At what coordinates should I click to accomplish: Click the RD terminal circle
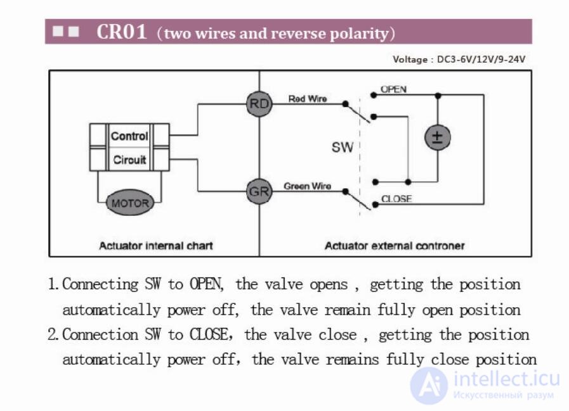click(x=259, y=104)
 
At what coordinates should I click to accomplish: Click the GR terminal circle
click(x=259, y=191)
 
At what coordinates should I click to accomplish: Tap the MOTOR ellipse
click(x=130, y=203)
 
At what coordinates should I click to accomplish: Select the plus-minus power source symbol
click(x=438, y=137)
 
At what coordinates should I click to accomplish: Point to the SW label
click(x=342, y=147)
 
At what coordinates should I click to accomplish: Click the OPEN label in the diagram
click(x=393, y=89)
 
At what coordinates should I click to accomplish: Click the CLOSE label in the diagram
click(x=396, y=199)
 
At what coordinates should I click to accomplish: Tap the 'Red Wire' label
click(x=308, y=99)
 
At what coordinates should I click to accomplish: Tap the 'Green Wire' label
click(x=307, y=186)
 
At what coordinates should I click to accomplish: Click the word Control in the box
click(x=129, y=136)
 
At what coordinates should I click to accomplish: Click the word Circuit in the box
click(x=129, y=160)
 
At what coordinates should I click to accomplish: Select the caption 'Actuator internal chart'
click(x=155, y=246)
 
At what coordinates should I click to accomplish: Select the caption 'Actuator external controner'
click(x=395, y=246)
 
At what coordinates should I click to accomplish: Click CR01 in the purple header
click(x=122, y=32)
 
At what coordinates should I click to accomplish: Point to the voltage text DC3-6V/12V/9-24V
click(x=481, y=59)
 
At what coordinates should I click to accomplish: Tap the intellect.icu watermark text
click(x=507, y=379)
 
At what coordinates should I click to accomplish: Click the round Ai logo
click(x=429, y=386)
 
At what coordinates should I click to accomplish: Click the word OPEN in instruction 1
click(x=206, y=284)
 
